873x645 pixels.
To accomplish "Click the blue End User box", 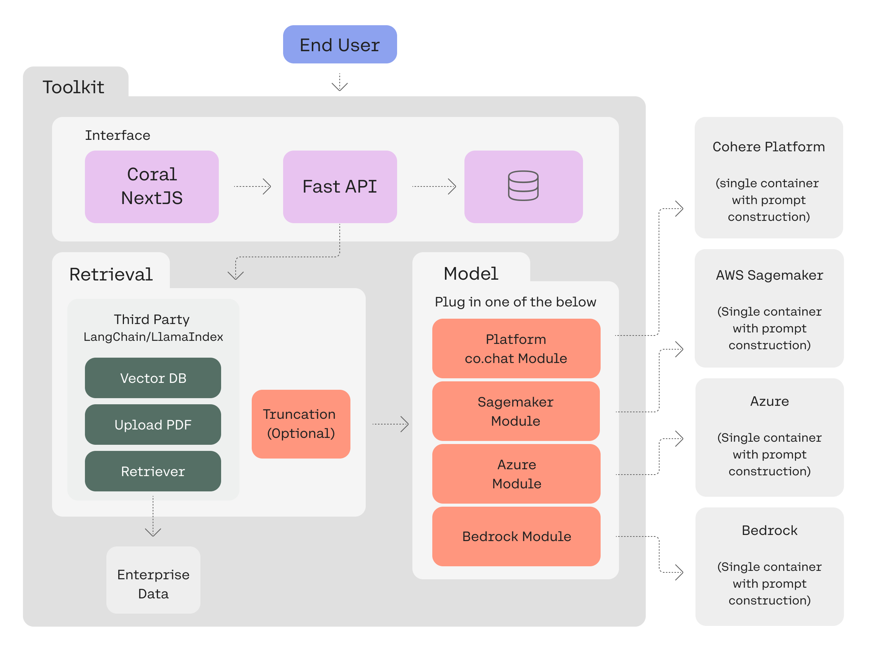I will click(340, 44).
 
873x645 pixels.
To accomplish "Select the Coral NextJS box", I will click(151, 186).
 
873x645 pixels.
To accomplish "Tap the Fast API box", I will click(340, 186).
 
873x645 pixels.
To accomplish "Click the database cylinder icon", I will click(523, 186).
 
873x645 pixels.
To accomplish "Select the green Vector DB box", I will click(153, 378).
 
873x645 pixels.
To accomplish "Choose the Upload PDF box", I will click(153, 425).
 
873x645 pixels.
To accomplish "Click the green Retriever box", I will click(153, 471).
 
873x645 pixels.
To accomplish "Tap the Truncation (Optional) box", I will click(301, 424).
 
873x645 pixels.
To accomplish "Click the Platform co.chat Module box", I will click(516, 348).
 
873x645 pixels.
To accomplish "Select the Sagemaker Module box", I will click(516, 411).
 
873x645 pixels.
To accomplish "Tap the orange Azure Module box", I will click(516, 473).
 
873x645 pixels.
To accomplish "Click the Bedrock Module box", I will click(516, 536).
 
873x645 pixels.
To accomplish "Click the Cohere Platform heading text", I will click(768, 147).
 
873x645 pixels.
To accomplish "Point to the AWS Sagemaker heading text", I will click(769, 275).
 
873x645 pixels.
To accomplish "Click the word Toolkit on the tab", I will click(73, 87).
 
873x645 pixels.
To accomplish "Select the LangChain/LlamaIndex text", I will click(153, 337).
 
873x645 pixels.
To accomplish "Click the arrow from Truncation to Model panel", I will click(391, 424).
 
